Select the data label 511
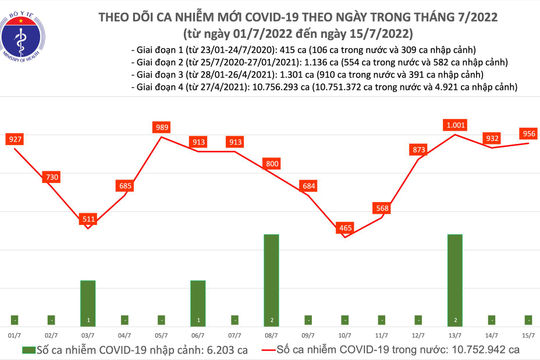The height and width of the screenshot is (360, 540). pos(88,218)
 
